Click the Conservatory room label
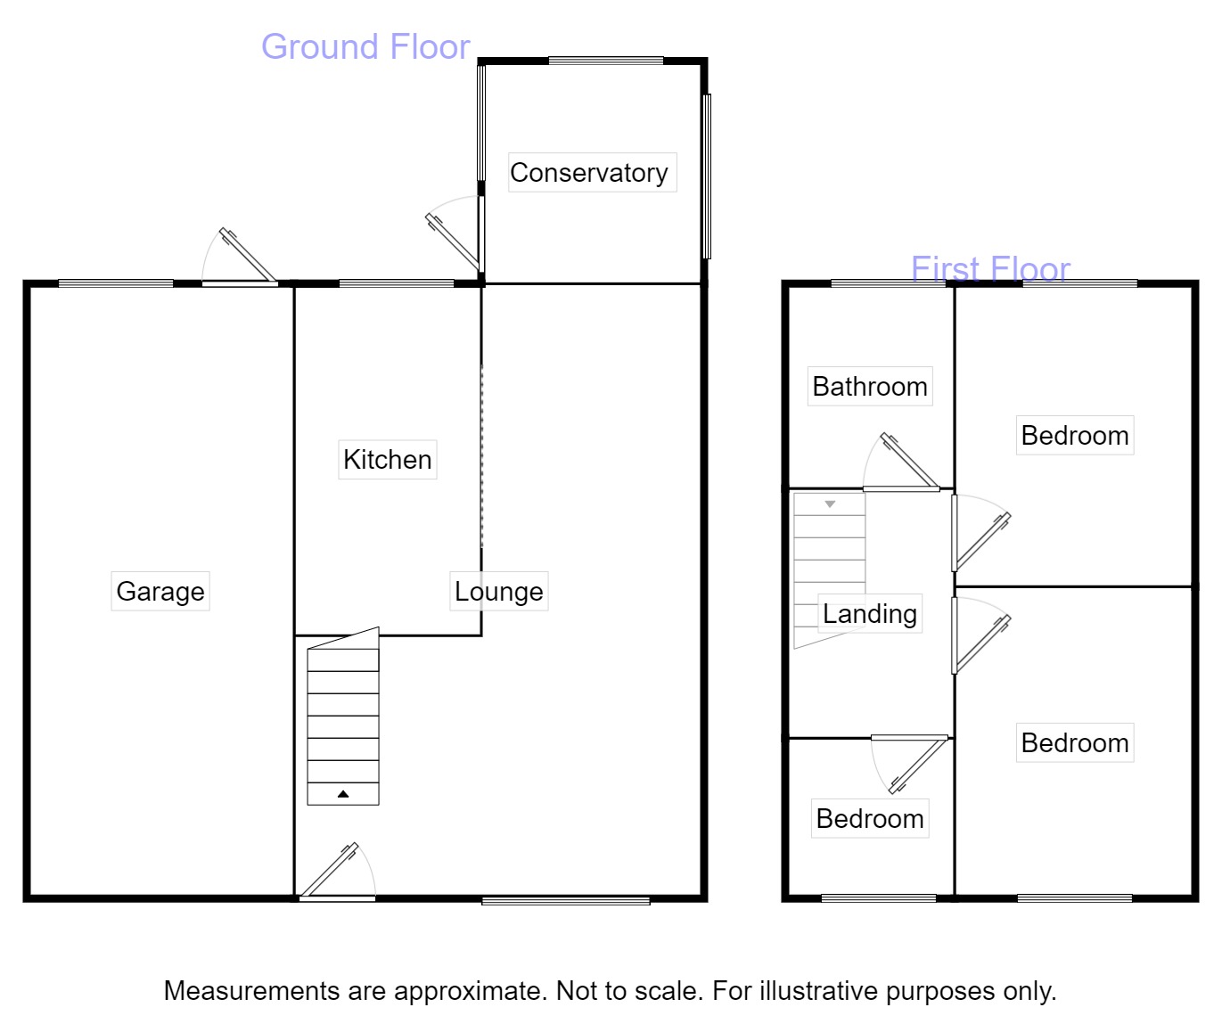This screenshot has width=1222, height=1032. click(x=588, y=172)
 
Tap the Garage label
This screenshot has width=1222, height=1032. click(x=160, y=591)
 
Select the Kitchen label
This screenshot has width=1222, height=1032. click(x=387, y=459)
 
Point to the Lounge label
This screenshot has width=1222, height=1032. click(x=498, y=591)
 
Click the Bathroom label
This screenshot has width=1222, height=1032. click(x=870, y=386)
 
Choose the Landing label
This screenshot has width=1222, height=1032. click(x=869, y=613)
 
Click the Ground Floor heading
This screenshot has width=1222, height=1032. click(x=365, y=46)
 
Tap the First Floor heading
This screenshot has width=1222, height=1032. click(x=990, y=268)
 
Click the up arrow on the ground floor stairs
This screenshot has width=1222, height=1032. click(x=343, y=793)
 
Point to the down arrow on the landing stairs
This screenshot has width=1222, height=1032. click(x=830, y=504)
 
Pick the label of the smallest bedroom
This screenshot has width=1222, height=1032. click(x=870, y=818)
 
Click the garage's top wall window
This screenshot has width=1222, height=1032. click(x=116, y=283)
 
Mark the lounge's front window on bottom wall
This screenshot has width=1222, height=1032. click(x=566, y=901)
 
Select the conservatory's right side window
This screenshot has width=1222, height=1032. click(x=707, y=176)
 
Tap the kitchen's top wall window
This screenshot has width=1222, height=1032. click(x=397, y=283)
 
